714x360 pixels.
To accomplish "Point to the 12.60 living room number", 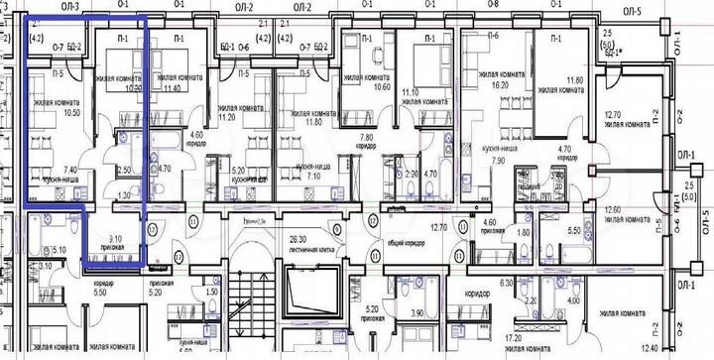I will [x=617, y=210].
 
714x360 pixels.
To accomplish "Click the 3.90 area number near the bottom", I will [x=416, y=313].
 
